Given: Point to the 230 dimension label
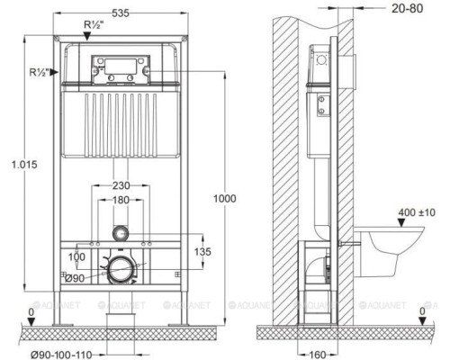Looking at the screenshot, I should pyautogui.click(x=123, y=186).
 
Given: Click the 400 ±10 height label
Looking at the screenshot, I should pyautogui.click(x=416, y=212).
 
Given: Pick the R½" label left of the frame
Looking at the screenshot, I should pyautogui.click(x=38, y=70).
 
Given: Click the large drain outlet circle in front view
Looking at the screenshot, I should pyautogui.click(x=118, y=267).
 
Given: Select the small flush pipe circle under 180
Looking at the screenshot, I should pyautogui.click(x=123, y=232).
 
